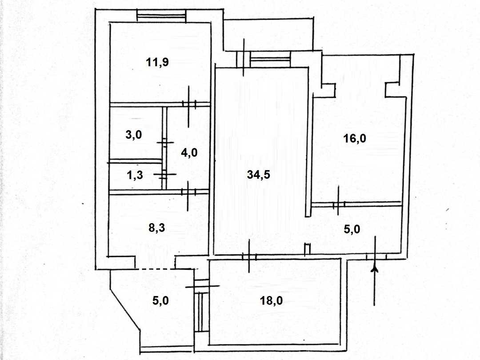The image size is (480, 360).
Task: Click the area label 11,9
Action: click(157, 63)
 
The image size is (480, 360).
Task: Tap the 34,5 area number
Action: click(258, 175)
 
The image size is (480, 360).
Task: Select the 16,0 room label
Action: click(355, 139)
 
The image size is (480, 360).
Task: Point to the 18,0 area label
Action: click(271, 300)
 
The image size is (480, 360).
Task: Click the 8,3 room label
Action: click(157, 228)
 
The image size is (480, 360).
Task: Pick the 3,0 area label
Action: click(133, 134)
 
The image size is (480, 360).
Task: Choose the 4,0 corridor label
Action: click(189, 152)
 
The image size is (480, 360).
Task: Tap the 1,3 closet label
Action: click(135, 176)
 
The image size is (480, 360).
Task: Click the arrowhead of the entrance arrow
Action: click(374, 268)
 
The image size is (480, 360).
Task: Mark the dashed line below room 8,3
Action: click(155, 269)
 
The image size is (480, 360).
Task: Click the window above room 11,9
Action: click(161, 16)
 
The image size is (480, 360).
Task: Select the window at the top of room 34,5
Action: click(270, 60)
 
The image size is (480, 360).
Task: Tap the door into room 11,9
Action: click(189, 104)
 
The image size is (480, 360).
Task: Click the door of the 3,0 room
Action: click(165, 142)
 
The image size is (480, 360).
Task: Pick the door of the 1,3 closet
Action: click(165, 174)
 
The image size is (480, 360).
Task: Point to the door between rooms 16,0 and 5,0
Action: click(338, 204)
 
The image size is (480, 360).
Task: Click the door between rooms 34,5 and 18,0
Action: click(249, 256)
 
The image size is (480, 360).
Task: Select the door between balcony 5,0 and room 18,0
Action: click(202, 286)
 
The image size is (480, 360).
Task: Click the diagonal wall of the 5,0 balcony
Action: click(125, 309)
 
